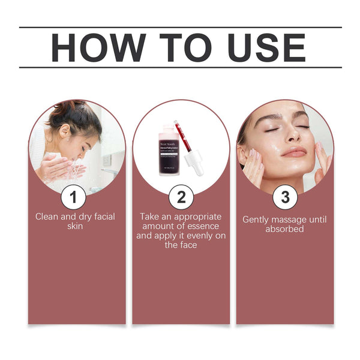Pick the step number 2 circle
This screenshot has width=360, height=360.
tap(181, 197)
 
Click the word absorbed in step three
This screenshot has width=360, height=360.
tap(284, 229)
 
